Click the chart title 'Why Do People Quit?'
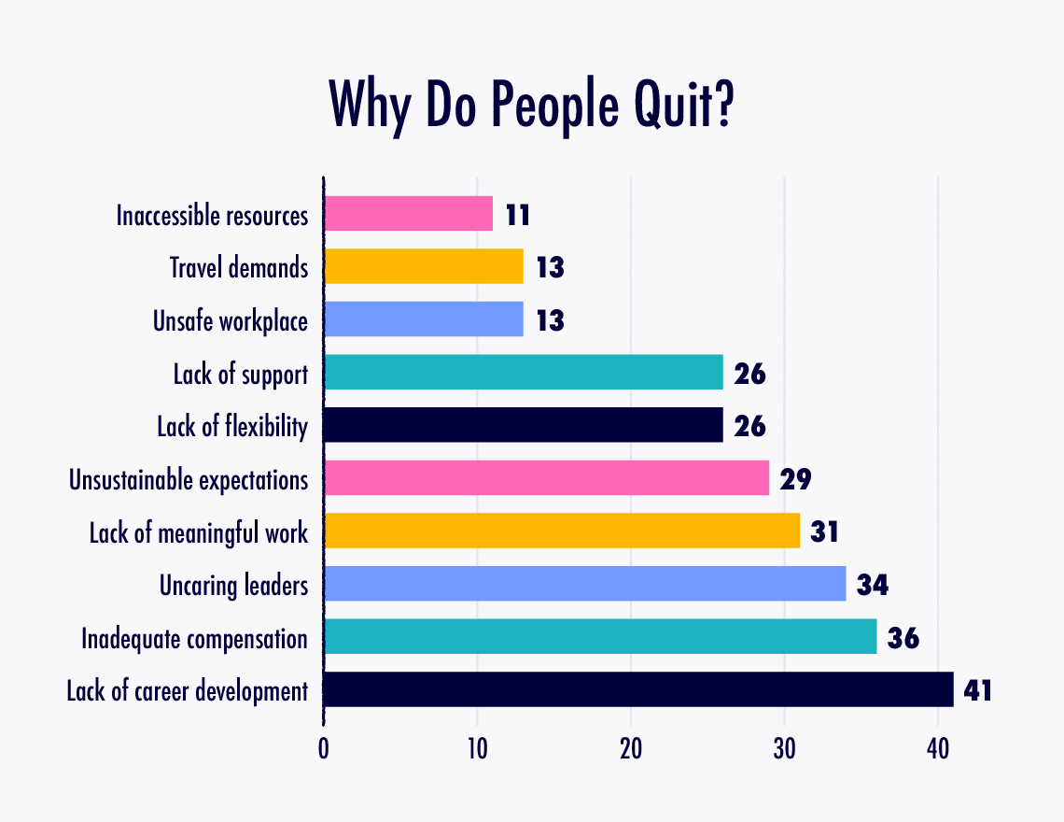[531, 105]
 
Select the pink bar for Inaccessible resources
[408, 214]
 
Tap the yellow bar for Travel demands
[423, 267]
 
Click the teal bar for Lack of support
[523, 373]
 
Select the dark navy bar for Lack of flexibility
[523, 426]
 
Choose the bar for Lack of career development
[638, 690]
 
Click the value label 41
[976, 691]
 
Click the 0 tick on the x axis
[324, 749]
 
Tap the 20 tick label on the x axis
[631, 749]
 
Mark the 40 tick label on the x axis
[938, 749]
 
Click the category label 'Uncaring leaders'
[233, 586]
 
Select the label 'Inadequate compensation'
[194, 639]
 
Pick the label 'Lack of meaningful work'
[198, 533]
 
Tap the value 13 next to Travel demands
[550, 268]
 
